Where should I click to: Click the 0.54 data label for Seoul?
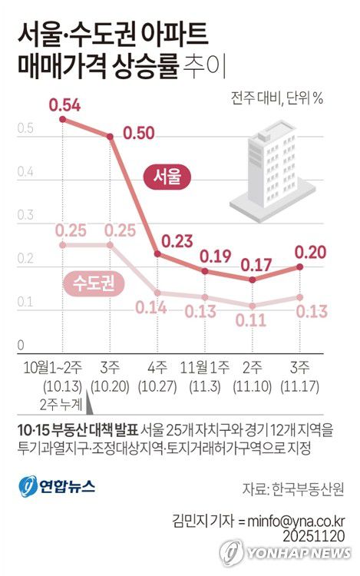pos(64,104)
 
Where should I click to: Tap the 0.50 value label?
pos(139,133)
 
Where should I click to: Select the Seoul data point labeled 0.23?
pos(157,253)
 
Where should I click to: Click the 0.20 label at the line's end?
pos(312,252)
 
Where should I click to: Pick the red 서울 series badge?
pos(168,177)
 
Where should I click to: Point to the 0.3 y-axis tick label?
pos(25,216)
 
